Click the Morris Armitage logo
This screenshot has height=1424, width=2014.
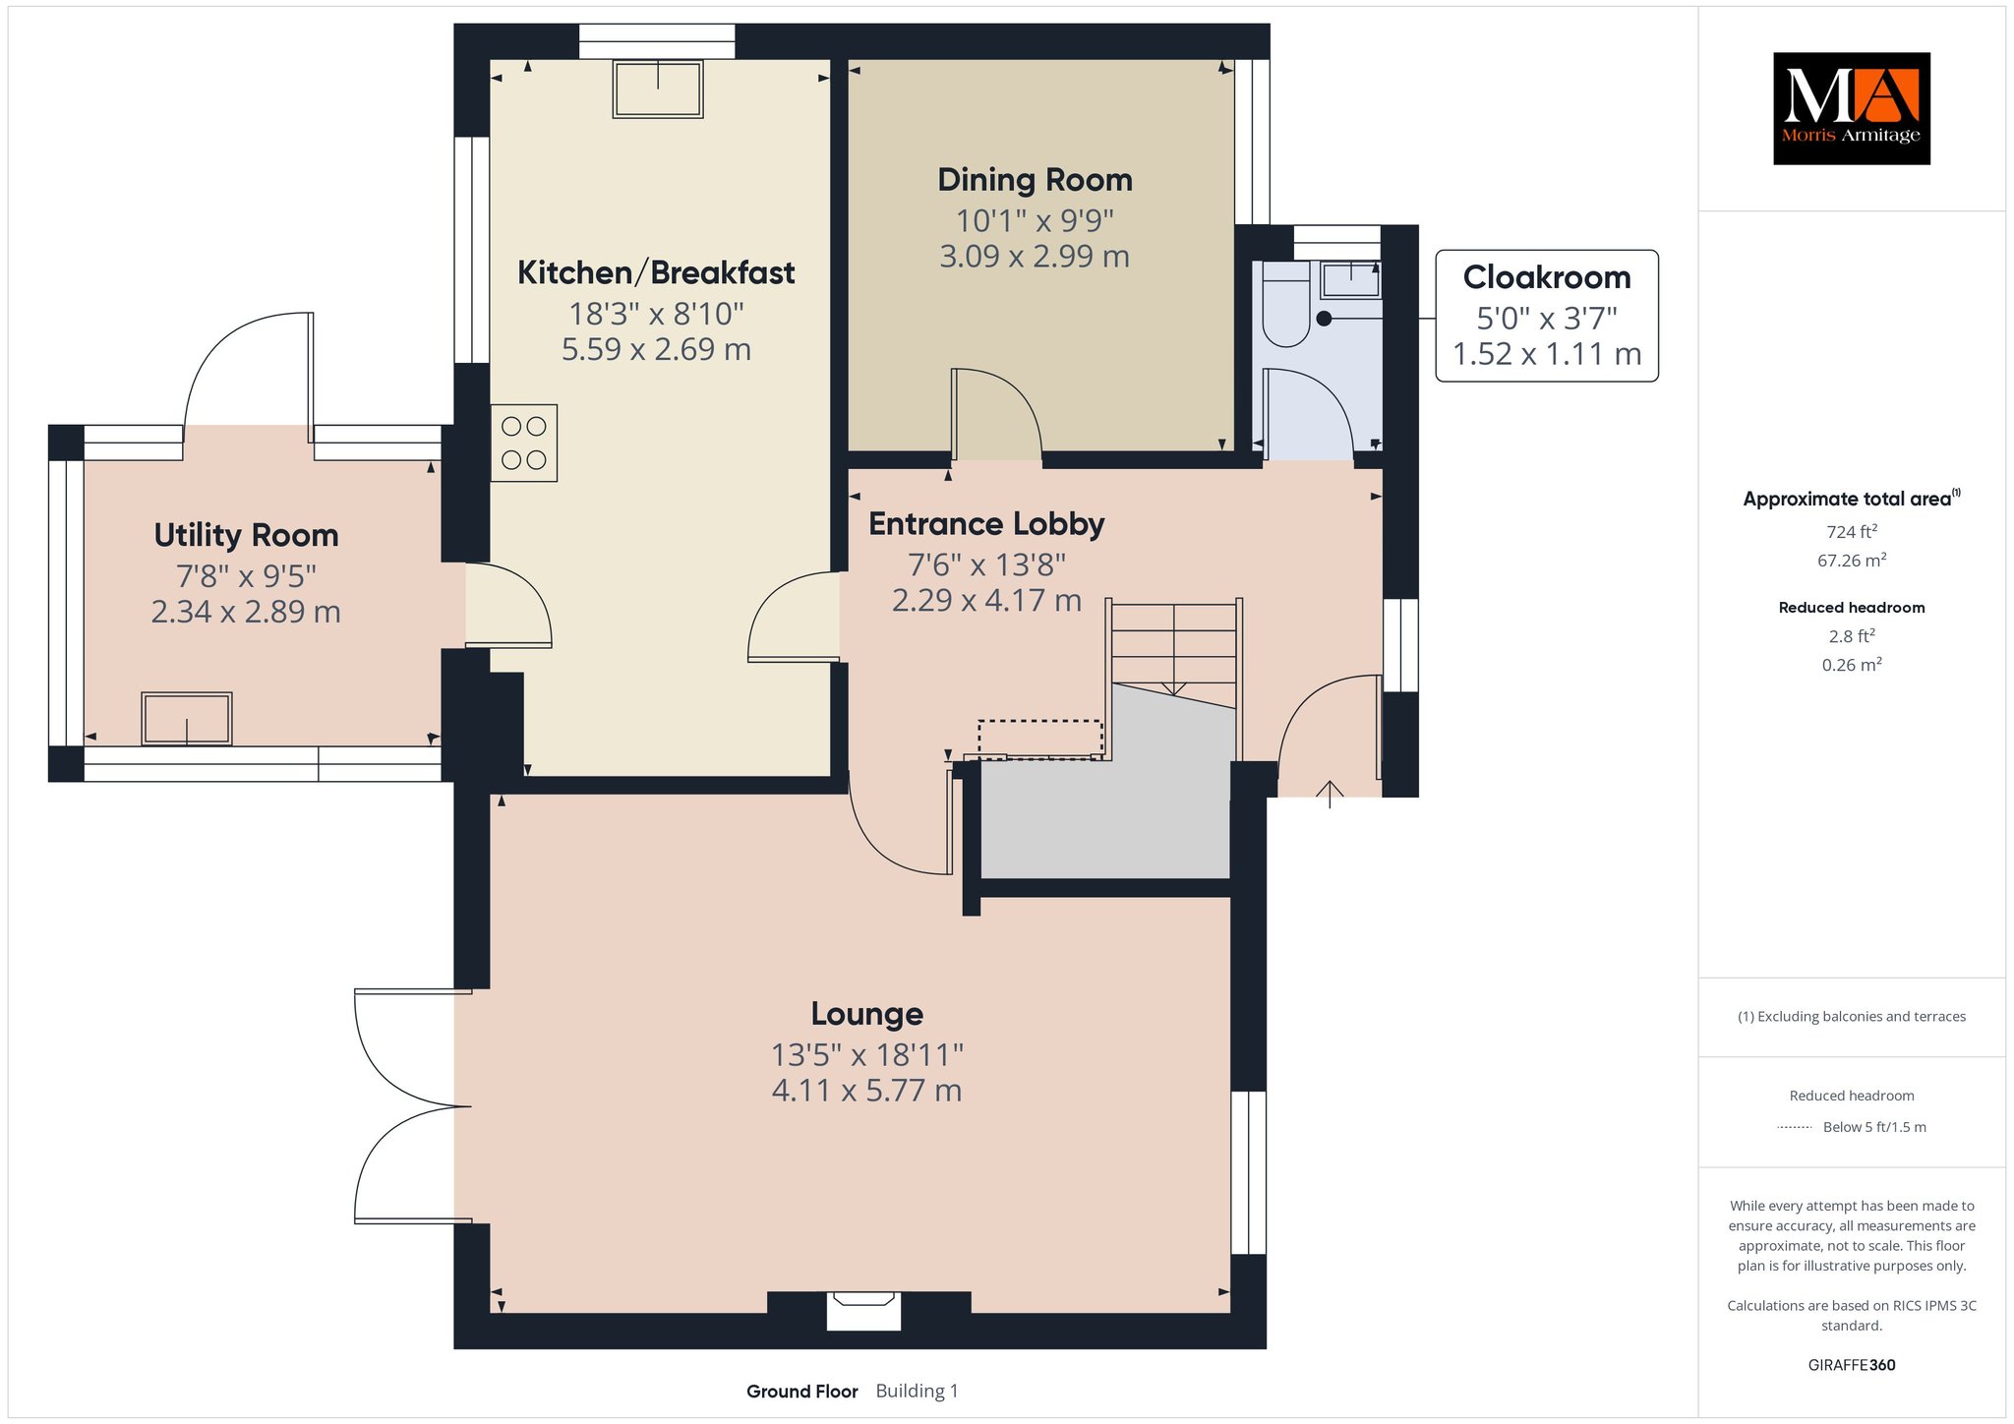[x=1851, y=108]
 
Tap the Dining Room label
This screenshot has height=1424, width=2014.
[x=1035, y=180]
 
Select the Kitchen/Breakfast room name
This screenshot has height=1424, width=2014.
[x=656, y=272]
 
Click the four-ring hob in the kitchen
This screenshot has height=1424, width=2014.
[x=524, y=443]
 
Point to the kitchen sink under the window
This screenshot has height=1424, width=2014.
[x=658, y=89]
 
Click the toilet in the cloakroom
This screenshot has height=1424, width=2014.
[x=1285, y=303]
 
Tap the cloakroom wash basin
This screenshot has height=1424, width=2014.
[x=1351, y=279]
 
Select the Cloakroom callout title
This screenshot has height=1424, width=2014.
[x=1547, y=277]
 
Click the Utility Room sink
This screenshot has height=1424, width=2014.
[x=187, y=719]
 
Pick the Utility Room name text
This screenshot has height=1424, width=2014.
[x=246, y=535]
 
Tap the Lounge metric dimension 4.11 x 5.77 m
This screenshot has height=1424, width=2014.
[x=866, y=1091]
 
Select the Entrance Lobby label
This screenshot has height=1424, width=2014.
[x=986, y=524]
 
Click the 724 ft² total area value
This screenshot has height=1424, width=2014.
[x=1852, y=532]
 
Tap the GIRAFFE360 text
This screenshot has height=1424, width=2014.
[x=1852, y=1365]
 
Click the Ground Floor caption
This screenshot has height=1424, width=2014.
[x=801, y=1392]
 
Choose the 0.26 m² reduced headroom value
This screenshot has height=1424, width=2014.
[x=1852, y=665]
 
